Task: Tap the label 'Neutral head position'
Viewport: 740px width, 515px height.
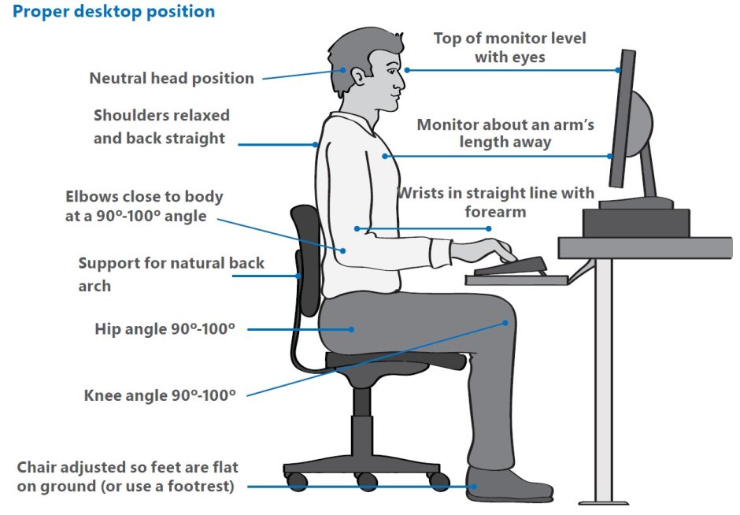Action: tap(172, 78)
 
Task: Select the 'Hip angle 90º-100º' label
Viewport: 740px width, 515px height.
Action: tap(165, 328)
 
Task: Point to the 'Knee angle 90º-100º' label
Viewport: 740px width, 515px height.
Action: tap(160, 395)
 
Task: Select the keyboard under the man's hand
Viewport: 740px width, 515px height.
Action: tap(510, 266)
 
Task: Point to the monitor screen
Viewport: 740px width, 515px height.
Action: tap(622, 118)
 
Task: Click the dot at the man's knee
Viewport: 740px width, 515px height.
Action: tap(505, 322)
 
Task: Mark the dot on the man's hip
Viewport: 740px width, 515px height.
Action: tap(353, 329)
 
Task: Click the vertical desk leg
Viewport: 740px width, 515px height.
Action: tap(604, 378)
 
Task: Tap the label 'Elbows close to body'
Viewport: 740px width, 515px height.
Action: tap(144, 196)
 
